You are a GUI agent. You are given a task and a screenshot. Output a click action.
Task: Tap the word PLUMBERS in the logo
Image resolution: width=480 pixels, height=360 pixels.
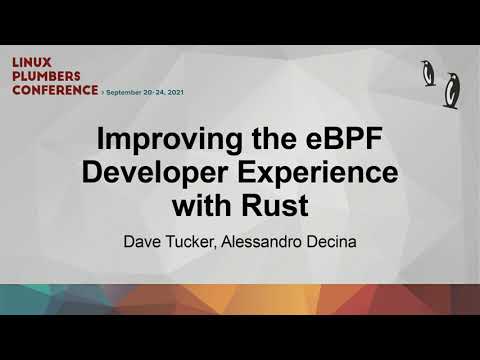47,75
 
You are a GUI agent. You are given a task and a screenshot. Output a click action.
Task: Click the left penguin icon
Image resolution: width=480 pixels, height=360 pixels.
428,72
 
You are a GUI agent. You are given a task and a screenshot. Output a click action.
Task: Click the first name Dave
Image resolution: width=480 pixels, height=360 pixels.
141,240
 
